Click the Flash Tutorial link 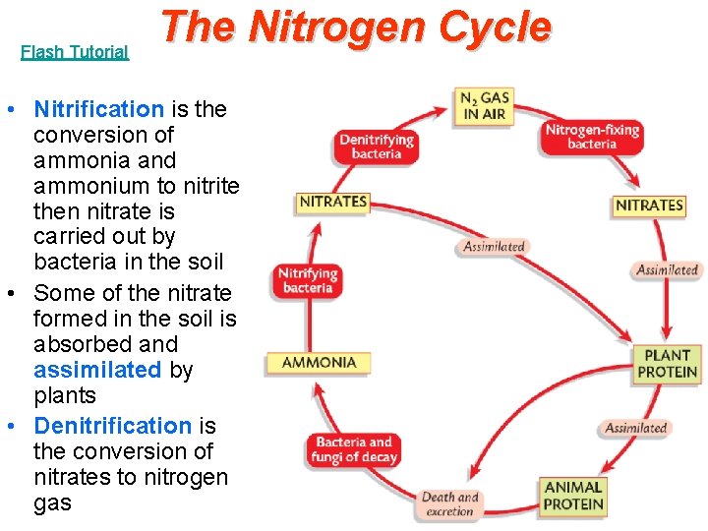click(75, 52)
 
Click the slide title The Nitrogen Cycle click(355, 28)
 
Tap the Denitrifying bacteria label click(377, 147)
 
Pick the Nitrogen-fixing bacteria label click(592, 137)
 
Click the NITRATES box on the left click(333, 203)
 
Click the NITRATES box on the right click(649, 206)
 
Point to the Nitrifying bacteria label click(309, 280)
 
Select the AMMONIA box click(319, 363)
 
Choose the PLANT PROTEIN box click(667, 364)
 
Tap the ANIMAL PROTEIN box click(573, 496)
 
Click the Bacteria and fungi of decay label click(354, 449)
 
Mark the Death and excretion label click(450, 504)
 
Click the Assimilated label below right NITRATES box click(667, 270)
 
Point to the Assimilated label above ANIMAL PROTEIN click(635, 429)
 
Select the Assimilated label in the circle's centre click(494, 247)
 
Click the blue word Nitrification click(98, 109)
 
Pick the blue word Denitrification click(112, 426)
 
